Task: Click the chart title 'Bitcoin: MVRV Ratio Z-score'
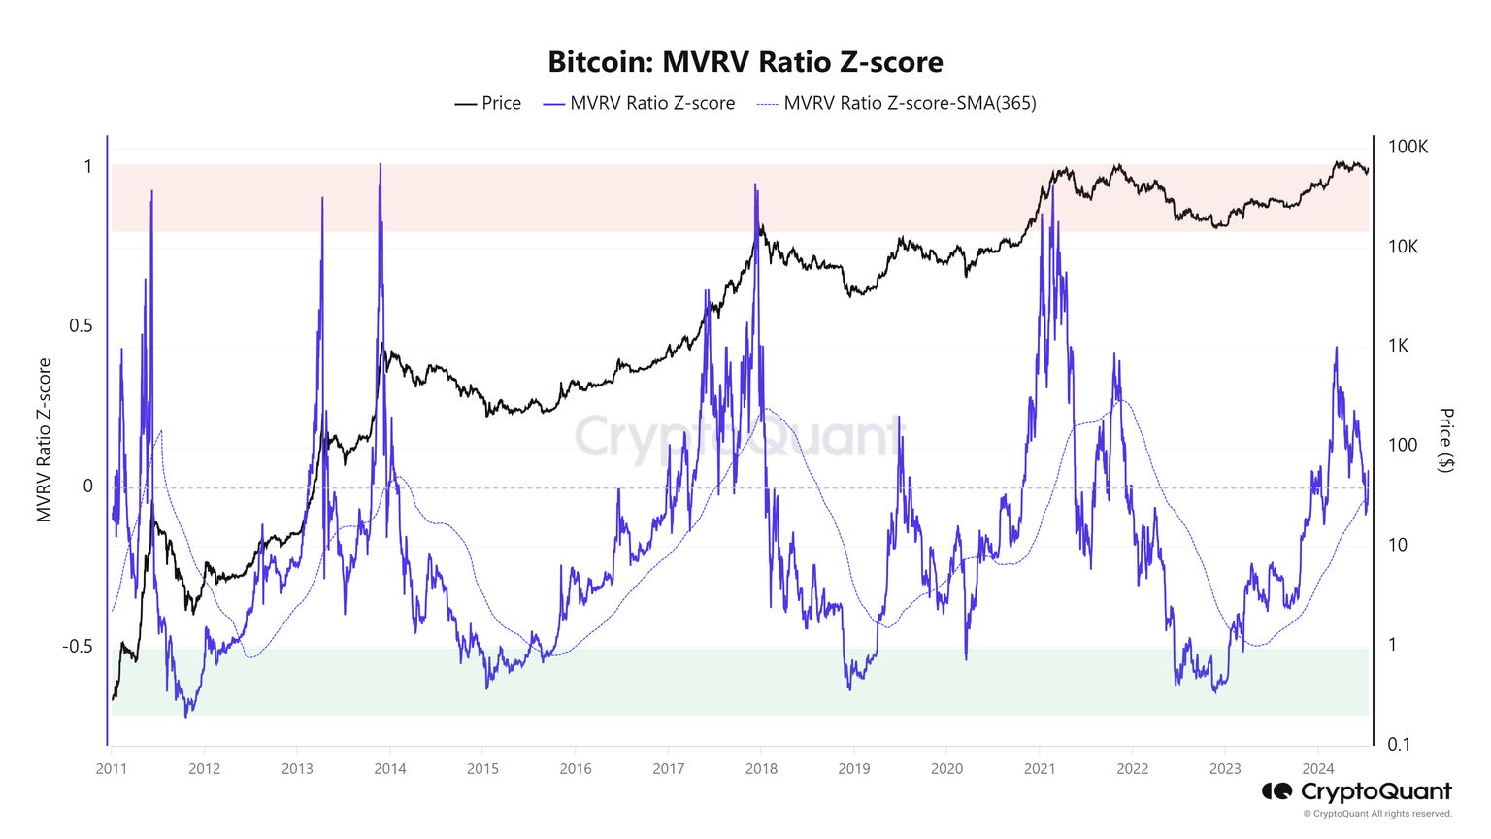click(745, 62)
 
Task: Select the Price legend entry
click(488, 103)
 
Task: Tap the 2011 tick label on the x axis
click(111, 769)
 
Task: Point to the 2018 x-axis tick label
click(761, 769)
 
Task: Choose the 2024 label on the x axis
click(1317, 769)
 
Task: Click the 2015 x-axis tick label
click(482, 769)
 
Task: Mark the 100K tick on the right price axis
click(1408, 147)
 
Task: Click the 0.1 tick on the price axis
click(1398, 745)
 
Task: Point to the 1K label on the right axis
click(1398, 346)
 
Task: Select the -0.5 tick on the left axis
click(78, 647)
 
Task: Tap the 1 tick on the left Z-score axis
click(88, 167)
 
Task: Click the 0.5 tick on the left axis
click(81, 325)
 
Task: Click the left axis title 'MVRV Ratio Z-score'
click(44, 440)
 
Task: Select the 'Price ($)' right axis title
click(1446, 440)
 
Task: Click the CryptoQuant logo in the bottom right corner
click(1356, 792)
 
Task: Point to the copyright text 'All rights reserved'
click(1411, 814)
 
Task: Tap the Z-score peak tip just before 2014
click(380, 164)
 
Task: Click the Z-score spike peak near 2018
click(755, 184)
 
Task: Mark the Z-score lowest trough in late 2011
click(186, 717)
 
